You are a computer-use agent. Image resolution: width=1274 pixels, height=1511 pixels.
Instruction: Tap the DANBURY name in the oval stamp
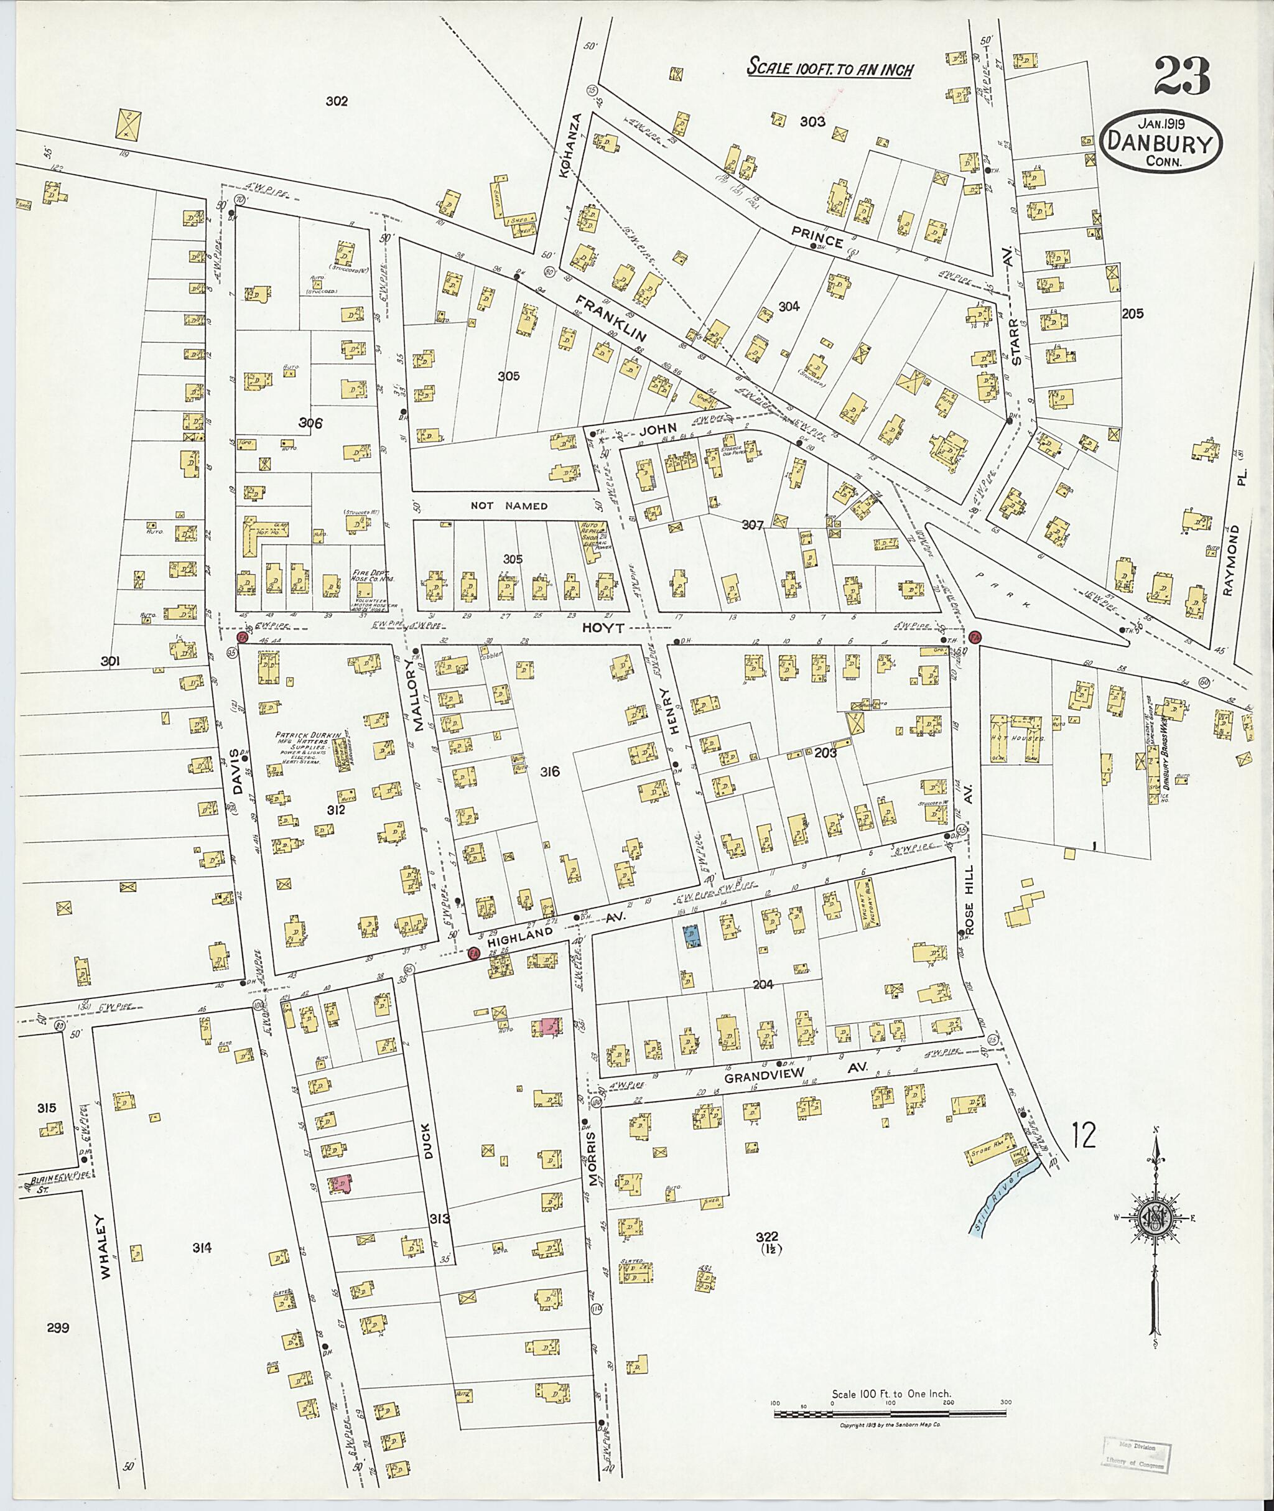click(x=1162, y=144)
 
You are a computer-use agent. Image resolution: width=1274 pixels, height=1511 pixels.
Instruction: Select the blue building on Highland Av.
click(x=691, y=937)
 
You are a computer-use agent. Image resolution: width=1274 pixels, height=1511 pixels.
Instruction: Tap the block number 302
click(x=336, y=101)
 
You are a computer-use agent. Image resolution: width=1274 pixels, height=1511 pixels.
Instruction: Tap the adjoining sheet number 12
click(x=1083, y=1135)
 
